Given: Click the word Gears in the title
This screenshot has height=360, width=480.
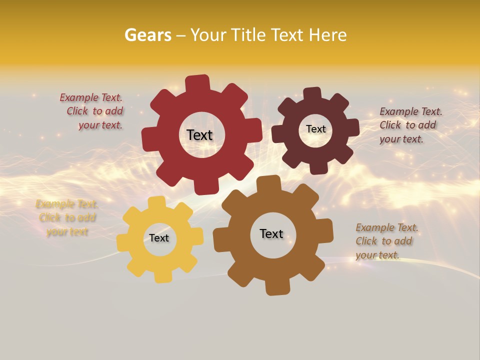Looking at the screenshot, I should [x=147, y=35].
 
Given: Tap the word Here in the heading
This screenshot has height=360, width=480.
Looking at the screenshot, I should [x=327, y=35].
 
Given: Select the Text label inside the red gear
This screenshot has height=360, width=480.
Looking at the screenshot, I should [x=199, y=135].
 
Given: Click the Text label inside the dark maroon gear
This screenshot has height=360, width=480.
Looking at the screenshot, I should [x=315, y=129].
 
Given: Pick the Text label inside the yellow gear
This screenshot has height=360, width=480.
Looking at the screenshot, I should [x=159, y=238].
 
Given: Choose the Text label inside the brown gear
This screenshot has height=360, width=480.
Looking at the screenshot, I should [x=271, y=234].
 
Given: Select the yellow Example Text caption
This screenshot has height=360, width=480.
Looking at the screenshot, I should [x=67, y=218].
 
